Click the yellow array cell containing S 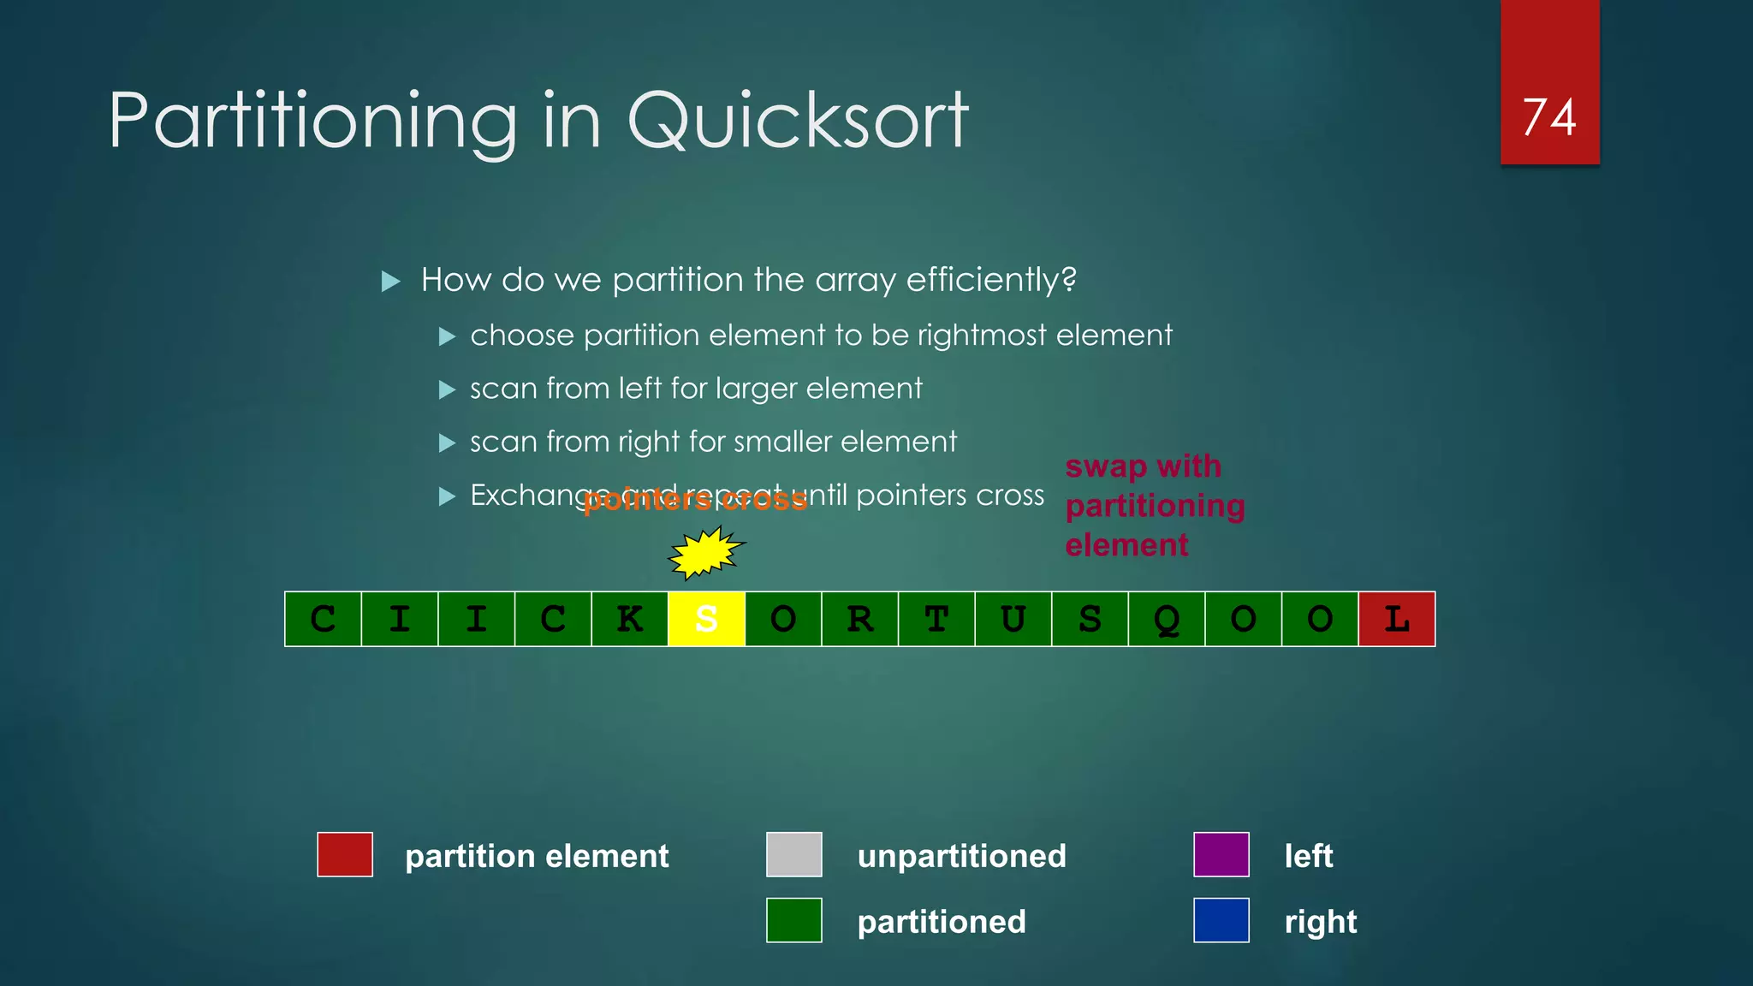tap(706, 619)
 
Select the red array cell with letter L tap(1396, 619)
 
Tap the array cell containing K tap(630, 619)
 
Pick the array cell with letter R tap(859, 619)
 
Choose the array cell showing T tap(936, 619)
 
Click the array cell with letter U tap(1013, 619)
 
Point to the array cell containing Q tap(1166, 619)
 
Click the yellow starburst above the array tap(705, 553)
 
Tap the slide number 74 tap(1549, 117)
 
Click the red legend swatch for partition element tap(345, 854)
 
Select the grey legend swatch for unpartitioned tap(793, 854)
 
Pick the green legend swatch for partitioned tap(793, 920)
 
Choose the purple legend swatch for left tap(1221, 854)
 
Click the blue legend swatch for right tap(1221, 920)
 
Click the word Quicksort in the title tap(798, 121)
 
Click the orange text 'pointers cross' tap(695, 500)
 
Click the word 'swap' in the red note tap(1105, 467)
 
